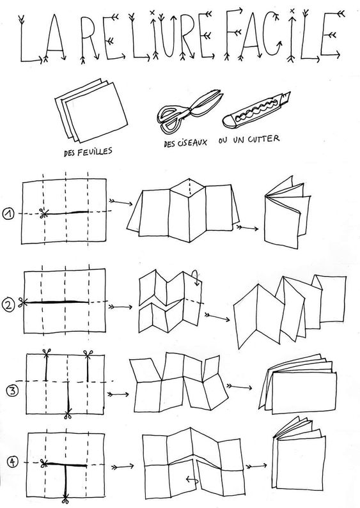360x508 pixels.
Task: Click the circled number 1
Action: (x=8, y=214)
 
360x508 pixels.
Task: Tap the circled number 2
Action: (x=8, y=305)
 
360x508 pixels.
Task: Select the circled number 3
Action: (x=12, y=390)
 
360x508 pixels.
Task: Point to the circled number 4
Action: (x=13, y=462)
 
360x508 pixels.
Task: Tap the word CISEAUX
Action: (x=192, y=142)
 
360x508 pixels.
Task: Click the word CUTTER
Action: (x=263, y=139)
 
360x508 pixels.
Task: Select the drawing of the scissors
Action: (x=190, y=109)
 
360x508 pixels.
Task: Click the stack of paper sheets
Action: (x=91, y=110)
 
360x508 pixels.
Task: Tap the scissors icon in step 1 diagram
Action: (x=43, y=213)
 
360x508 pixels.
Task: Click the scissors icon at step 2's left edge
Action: (x=22, y=303)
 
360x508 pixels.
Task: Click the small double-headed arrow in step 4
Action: (x=192, y=479)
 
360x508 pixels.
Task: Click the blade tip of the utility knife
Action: (x=289, y=93)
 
